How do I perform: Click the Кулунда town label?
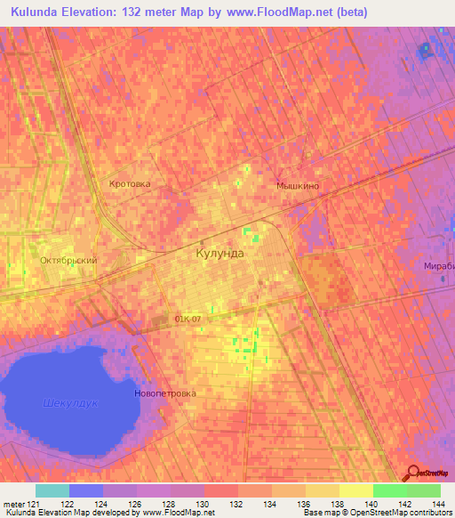(x=219, y=253)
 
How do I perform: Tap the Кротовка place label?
(x=130, y=183)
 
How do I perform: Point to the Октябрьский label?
(x=68, y=260)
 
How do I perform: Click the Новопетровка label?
(x=164, y=393)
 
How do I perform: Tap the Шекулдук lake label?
(x=69, y=403)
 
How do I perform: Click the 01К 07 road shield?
(x=188, y=317)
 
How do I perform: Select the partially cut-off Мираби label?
(x=439, y=266)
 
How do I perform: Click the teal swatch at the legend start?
(x=52, y=490)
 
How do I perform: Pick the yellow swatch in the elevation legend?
(x=355, y=490)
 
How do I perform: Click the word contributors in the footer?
(x=430, y=513)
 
